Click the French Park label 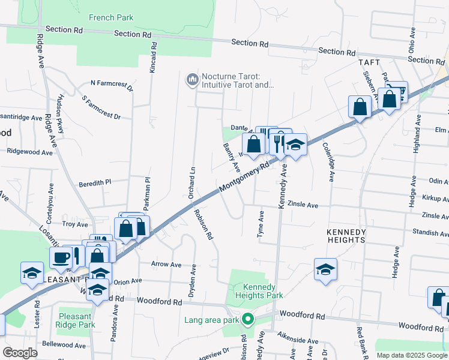click(111, 18)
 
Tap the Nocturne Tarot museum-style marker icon click(192, 79)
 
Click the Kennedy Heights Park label click(258, 291)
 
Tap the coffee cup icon click(60, 258)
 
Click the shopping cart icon click(397, 91)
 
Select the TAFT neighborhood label click(370, 62)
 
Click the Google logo click(20, 353)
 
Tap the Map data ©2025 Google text click(411, 355)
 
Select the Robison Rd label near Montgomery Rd click(203, 224)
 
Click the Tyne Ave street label click(261, 224)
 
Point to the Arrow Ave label click(166, 264)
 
